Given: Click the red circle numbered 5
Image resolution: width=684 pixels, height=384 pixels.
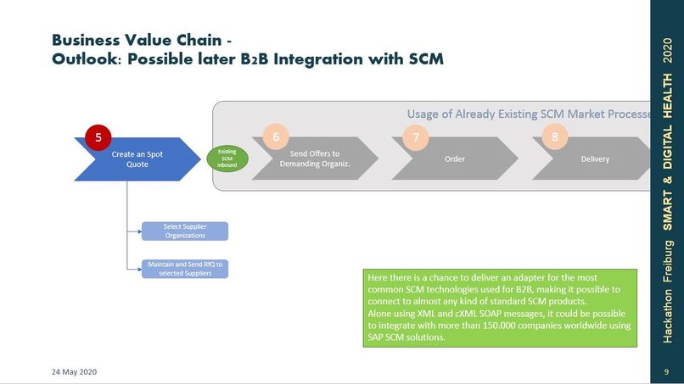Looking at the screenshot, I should point(99,137).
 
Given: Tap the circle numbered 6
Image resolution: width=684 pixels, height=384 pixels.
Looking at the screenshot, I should point(276,136).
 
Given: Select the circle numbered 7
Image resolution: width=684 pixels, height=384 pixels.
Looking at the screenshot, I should point(416,137).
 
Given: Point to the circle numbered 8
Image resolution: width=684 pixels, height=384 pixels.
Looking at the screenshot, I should point(555,136).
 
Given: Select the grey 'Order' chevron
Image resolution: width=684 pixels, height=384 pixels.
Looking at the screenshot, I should point(454,159).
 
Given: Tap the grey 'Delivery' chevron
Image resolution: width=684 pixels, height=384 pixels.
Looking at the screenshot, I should point(595,159).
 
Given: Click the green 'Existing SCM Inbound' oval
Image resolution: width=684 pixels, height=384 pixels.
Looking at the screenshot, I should point(227,159).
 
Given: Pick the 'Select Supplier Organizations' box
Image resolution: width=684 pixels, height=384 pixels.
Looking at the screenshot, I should point(184,231).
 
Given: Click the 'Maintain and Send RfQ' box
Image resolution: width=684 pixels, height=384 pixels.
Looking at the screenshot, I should point(184,269).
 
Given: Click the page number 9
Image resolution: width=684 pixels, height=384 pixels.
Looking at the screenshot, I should point(667,372).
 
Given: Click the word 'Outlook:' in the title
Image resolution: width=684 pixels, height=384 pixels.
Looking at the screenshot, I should point(86,59).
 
